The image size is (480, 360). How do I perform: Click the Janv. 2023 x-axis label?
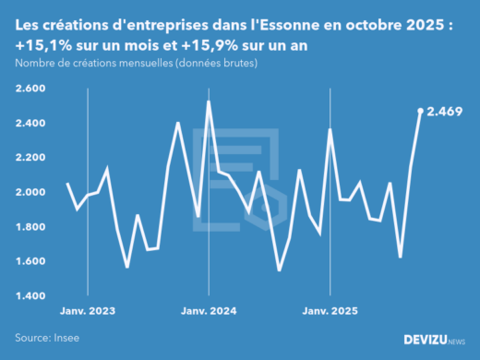coord(88,311)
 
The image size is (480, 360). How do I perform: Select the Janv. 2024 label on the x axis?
coord(209,311)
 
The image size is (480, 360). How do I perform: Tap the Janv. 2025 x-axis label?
coord(330,311)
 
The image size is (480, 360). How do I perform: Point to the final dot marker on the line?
coord(420,111)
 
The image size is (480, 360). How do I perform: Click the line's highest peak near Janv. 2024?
coord(208,102)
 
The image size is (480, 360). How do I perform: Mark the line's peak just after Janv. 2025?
coord(330,130)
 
